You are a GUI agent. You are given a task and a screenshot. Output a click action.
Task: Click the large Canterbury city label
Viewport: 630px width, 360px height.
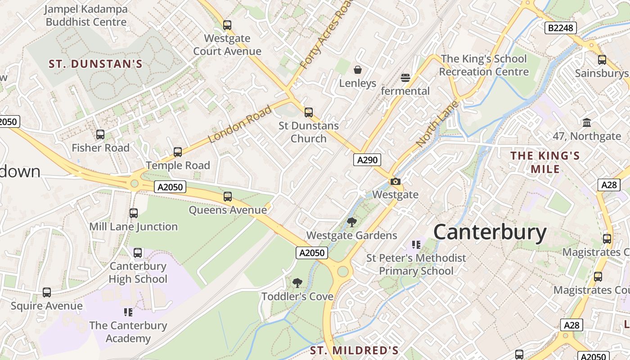point(490,232)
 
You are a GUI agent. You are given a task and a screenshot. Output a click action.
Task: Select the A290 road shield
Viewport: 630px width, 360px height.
point(367,160)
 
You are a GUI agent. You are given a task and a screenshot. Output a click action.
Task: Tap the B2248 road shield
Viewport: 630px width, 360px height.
point(560,28)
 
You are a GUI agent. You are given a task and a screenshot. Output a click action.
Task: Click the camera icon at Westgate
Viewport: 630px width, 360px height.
point(395,181)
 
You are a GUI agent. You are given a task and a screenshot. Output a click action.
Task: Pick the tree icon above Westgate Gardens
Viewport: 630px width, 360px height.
point(352,222)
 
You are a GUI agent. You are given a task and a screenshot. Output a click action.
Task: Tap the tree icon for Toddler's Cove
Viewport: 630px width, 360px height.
point(297,283)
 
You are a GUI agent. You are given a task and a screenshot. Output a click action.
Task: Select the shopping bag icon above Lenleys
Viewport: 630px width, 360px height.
point(358,70)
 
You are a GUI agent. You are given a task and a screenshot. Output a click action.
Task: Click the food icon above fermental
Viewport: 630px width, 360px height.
point(405,78)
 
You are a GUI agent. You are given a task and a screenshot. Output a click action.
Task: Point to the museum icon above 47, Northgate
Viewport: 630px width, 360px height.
point(587,122)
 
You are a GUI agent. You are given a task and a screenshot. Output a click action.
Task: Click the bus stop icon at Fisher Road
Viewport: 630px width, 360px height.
point(100,134)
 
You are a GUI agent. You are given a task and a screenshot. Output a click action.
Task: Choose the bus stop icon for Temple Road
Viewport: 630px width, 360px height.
point(178,152)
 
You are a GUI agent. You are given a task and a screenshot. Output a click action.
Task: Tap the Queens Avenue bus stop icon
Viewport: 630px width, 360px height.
point(228,196)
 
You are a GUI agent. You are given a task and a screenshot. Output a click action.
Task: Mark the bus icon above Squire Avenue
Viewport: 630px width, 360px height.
point(47,292)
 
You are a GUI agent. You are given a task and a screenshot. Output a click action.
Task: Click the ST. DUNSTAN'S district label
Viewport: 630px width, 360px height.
point(95,64)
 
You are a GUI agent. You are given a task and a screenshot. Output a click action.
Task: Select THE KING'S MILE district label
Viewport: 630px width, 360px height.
point(545,162)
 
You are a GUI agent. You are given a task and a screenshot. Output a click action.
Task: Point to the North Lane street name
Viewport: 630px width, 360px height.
point(437,124)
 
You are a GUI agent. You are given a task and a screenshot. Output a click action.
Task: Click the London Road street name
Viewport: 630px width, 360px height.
point(241,124)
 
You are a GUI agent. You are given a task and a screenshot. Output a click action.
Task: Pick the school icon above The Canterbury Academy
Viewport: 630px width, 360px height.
point(128,312)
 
